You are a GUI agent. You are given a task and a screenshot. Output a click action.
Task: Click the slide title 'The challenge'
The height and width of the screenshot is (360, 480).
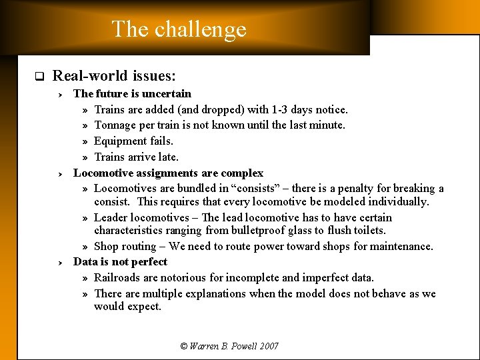[179, 29]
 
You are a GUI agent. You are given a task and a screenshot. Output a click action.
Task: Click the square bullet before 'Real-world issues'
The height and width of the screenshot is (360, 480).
[39, 76]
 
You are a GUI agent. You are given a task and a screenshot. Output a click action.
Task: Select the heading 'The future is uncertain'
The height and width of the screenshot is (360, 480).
[132, 93]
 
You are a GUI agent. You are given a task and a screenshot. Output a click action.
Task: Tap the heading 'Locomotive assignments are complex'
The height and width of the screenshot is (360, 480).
[168, 173]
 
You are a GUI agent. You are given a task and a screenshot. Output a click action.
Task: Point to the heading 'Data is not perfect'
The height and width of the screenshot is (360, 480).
[120, 261]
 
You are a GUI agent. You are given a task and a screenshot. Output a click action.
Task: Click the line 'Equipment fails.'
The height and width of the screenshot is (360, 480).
[133, 141]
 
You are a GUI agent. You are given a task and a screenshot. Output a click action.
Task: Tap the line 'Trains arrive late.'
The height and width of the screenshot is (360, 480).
[136, 157]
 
